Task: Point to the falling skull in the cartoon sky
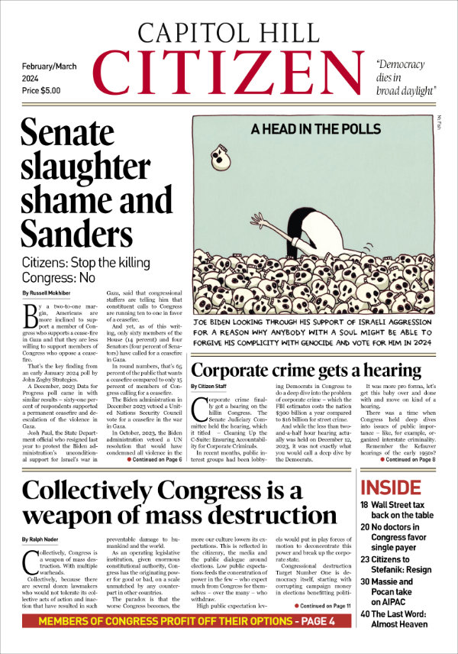point(221,156)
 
